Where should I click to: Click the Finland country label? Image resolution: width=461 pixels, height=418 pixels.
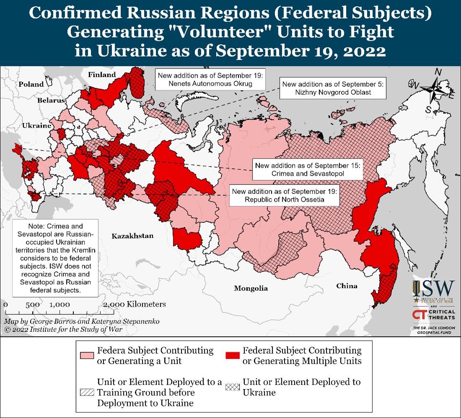(x=102, y=75)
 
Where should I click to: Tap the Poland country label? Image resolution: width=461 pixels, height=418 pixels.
(x=31, y=84)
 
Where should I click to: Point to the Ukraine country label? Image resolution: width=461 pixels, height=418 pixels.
(x=37, y=126)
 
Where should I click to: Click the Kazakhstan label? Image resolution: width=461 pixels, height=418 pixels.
(x=132, y=236)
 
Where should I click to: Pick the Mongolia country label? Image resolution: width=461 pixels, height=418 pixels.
(x=251, y=288)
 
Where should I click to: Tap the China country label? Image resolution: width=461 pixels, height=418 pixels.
(x=347, y=286)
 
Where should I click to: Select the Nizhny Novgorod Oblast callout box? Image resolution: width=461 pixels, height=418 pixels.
(x=332, y=88)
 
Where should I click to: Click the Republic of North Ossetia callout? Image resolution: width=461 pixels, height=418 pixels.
(x=284, y=195)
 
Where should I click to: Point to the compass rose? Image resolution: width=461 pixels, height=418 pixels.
(x=435, y=90)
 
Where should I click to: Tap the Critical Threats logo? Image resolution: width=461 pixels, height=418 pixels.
(x=433, y=314)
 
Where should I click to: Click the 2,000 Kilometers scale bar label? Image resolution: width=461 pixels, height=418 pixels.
(x=134, y=304)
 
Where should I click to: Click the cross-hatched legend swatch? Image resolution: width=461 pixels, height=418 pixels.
(x=232, y=387)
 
